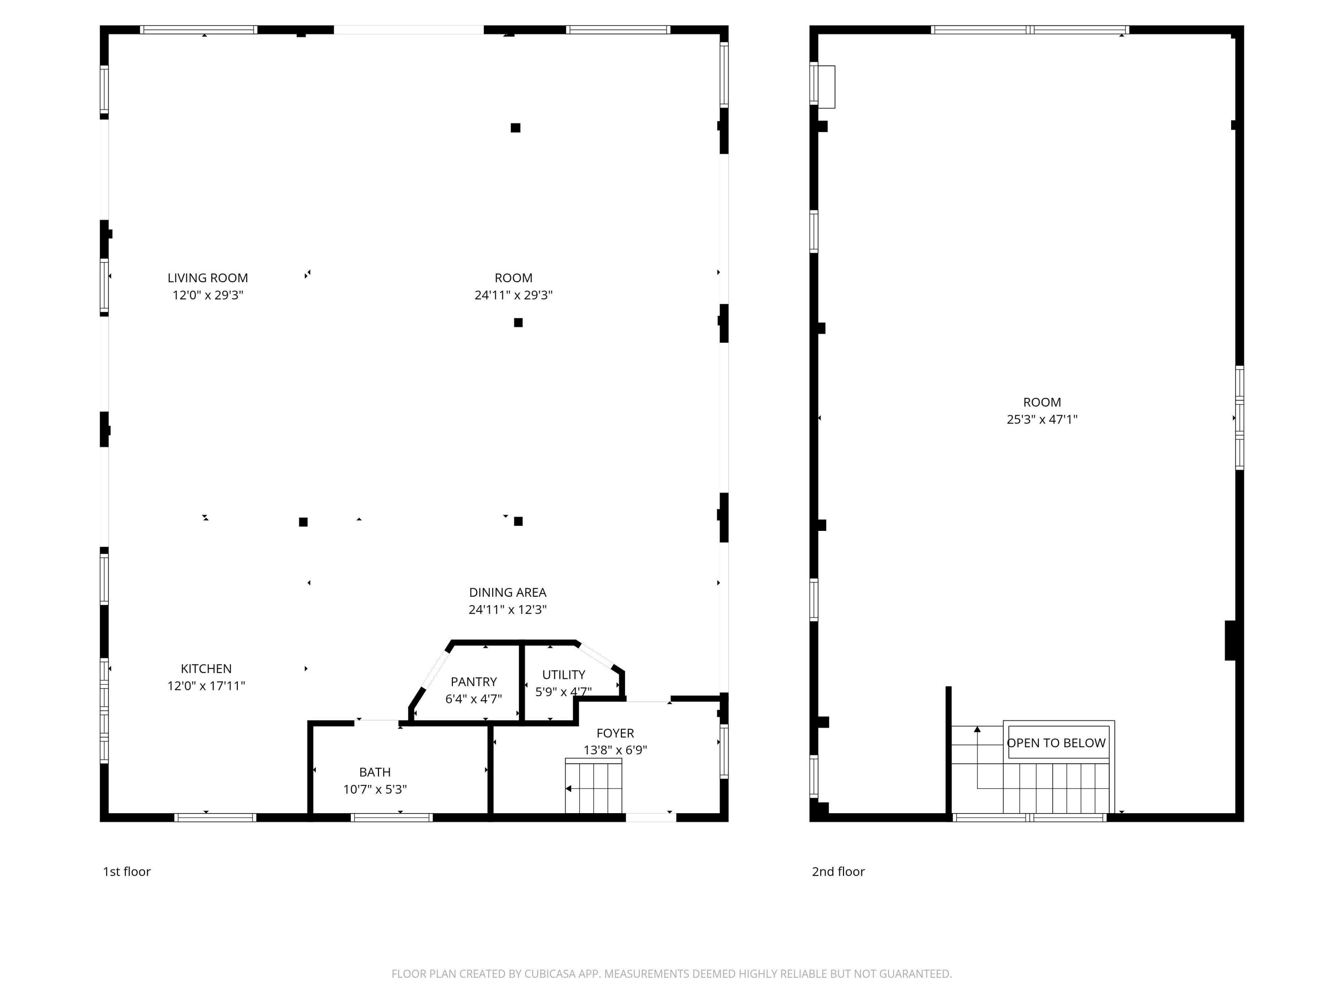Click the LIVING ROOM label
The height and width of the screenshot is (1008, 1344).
[208, 278]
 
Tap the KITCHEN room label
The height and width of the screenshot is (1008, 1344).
[206, 669]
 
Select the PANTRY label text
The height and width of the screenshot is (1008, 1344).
[474, 682]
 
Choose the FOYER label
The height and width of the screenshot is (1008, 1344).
[615, 733]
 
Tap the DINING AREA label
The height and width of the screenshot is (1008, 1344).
[507, 592]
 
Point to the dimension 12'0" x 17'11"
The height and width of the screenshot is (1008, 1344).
[206, 686]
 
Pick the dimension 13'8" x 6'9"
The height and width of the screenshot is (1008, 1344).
[615, 750]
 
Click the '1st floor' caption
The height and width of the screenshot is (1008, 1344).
[126, 872]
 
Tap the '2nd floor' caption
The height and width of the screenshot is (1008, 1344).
[838, 872]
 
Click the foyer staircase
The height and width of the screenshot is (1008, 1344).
[594, 787]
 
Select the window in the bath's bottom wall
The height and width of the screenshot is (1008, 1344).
[392, 818]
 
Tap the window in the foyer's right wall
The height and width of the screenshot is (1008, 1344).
[724, 752]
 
